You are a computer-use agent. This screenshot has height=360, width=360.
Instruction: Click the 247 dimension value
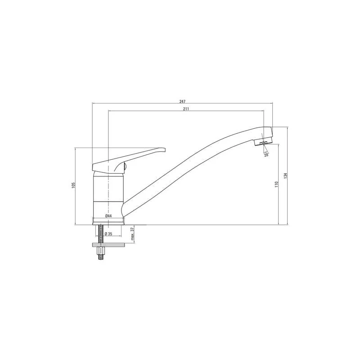[182, 101]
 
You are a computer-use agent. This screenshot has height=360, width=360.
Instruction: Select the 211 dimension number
[186, 109]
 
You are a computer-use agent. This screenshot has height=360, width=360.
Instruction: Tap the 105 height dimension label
[73, 185]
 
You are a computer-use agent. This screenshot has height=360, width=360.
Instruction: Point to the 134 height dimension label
[286, 175]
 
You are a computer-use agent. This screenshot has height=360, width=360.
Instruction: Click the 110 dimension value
[276, 184]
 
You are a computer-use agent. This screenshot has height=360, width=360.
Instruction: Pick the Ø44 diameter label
[108, 216]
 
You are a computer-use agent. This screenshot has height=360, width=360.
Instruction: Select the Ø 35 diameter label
[108, 234]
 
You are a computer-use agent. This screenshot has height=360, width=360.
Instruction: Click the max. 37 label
[132, 234]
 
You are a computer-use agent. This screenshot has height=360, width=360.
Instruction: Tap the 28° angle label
[266, 155]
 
